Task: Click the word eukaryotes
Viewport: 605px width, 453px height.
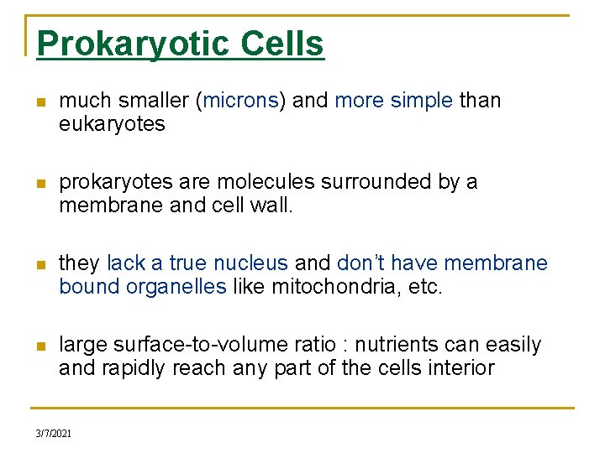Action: point(112,124)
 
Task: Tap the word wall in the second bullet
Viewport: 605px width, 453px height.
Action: point(274,206)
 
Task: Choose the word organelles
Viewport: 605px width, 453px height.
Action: point(176,287)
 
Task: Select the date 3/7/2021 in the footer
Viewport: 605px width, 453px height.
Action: point(54,434)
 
